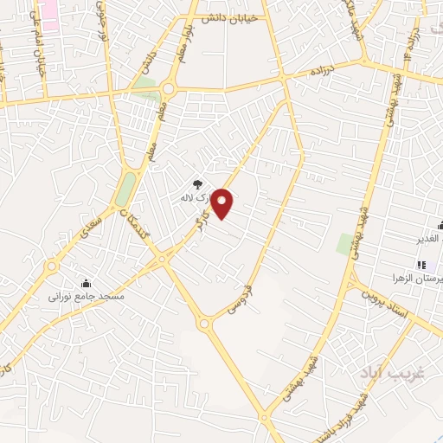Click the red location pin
(223, 203)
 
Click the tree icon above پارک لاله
(198, 183)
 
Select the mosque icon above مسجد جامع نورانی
(86, 283)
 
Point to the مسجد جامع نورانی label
(87, 296)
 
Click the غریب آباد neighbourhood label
(391, 372)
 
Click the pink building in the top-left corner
(48, 15)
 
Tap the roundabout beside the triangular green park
(167, 89)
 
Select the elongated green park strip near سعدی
(126, 188)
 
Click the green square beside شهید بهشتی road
(345, 244)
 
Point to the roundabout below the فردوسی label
(206, 324)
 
